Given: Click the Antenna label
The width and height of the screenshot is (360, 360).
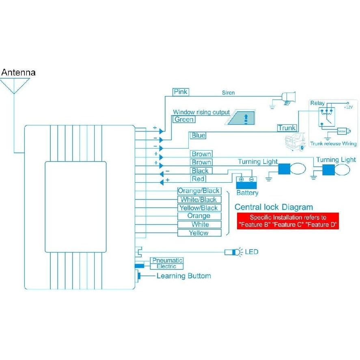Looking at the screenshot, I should (18, 73).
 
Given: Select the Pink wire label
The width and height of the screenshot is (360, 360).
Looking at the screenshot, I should (181, 92).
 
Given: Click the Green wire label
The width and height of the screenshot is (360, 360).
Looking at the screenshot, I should (184, 119).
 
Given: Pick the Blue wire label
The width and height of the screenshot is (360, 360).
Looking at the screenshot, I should (198, 136).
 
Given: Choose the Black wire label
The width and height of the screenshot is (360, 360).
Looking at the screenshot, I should (200, 171).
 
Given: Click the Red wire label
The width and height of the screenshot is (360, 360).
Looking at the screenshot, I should (198, 179).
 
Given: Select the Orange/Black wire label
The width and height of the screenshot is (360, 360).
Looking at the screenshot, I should (199, 191).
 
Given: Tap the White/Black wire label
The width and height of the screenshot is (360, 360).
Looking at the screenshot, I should (199, 199).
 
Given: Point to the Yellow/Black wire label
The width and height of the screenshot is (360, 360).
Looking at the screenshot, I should (199, 208).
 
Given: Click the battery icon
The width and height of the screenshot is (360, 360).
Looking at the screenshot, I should (246, 181).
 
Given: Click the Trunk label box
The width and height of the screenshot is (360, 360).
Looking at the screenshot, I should (287, 128).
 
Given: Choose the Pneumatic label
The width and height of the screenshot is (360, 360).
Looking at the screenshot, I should (167, 260).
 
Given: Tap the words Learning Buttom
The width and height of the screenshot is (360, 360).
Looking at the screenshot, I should (184, 276).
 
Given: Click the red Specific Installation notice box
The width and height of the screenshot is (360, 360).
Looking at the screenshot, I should (288, 221).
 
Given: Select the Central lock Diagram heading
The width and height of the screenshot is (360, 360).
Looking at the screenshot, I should (274, 207).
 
